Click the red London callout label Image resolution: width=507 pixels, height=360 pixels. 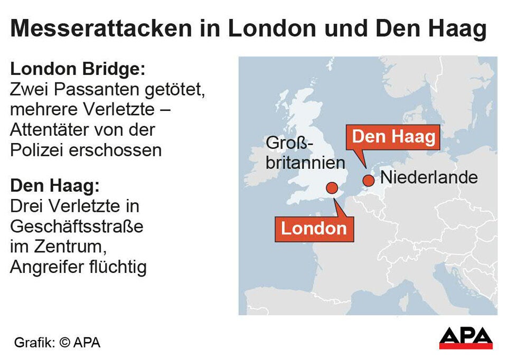[314, 228]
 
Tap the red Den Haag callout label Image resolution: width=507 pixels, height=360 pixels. [393, 137]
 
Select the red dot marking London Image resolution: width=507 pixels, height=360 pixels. [332, 187]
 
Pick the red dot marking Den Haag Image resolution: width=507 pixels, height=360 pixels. [368, 181]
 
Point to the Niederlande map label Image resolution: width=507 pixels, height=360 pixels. [429, 177]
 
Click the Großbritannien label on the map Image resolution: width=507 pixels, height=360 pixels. [305, 153]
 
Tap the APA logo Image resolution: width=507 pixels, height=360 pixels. [465, 338]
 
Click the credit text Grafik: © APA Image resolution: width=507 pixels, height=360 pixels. [57, 342]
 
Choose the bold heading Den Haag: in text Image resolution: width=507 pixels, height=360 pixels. [54, 186]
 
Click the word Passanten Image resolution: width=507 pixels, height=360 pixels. [92, 90]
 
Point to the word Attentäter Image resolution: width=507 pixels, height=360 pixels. [48, 130]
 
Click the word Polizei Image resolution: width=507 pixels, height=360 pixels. [37, 150]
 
